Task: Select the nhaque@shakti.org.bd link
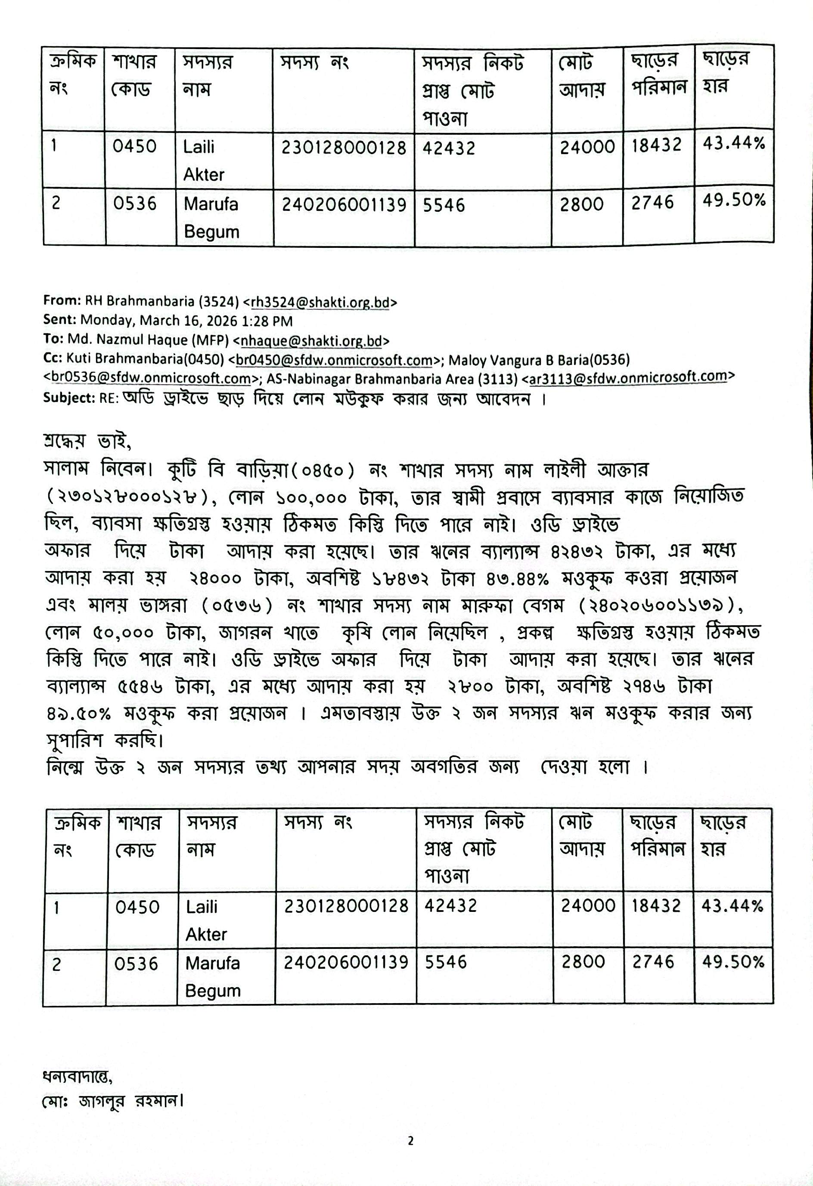(x=311, y=341)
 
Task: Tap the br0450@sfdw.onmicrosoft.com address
(x=334, y=360)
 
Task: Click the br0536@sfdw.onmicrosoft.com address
(x=151, y=378)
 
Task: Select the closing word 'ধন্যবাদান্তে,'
(x=77, y=1077)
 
